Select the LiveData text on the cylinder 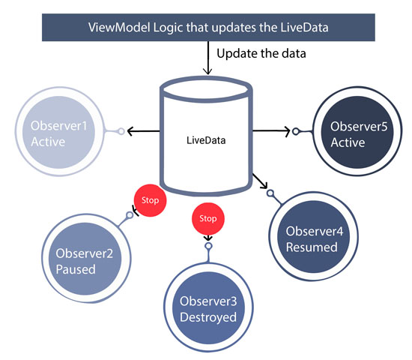(206, 139)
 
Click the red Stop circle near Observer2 (150, 200)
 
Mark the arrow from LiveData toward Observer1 (143, 132)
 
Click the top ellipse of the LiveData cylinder (206, 88)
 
